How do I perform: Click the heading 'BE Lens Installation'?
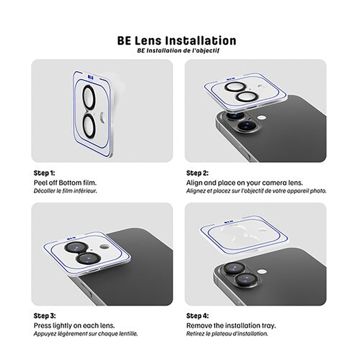pyautogui.click(x=177, y=40)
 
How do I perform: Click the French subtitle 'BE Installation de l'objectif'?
pyautogui.click(x=178, y=50)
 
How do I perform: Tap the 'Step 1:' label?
pyautogui.click(x=45, y=173)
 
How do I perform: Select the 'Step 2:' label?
pyautogui.click(x=198, y=173)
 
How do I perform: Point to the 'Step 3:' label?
pyautogui.click(x=45, y=315)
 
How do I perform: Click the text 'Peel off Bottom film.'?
pyautogui.click(x=65, y=182)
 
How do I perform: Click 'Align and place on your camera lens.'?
pyautogui.click(x=244, y=182)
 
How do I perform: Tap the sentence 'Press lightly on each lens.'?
pyautogui.click(x=74, y=325)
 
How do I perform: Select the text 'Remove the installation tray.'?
pyautogui.click(x=231, y=325)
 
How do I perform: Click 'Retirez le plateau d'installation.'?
pyautogui.click(x=227, y=333)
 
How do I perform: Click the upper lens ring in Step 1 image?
pyautogui.click(x=89, y=98)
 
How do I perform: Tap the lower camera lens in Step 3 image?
pyautogui.click(x=89, y=258)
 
